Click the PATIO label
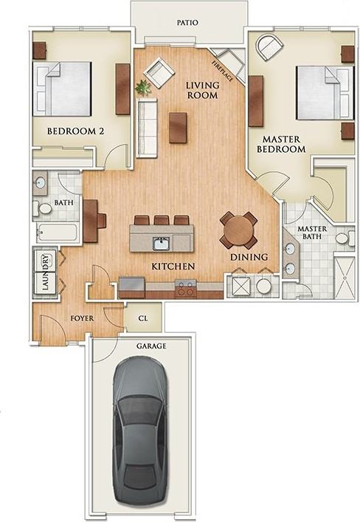pos(187,23)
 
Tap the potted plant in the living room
pos(143,87)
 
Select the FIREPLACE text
pos(223,71)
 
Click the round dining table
pos(238,230)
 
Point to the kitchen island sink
pos(162,244)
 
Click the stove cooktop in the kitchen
pos(186,288)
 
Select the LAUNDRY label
pos(46,272)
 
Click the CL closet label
pos(142,318)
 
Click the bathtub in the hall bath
pos(57,232)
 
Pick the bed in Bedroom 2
pos(62,89)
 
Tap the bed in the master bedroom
pos(325,92)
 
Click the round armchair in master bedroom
pos(269,47)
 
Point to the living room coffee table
pos(178,128)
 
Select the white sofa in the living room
pos(147,128)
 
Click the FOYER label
pos(82,319)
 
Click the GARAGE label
pos(151,346)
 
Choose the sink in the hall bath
pos(41,182)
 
